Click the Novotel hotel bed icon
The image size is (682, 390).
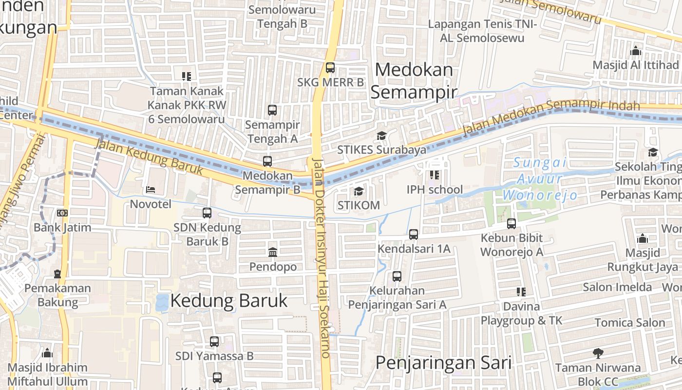click(151, 189)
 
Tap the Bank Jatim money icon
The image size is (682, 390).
click(62, 213)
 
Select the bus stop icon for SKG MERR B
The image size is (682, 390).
click(330, 67)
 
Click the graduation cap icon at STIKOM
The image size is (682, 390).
click(359, 191)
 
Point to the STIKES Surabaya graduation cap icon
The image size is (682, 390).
click(381, 136)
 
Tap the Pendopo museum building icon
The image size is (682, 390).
click(273, 252)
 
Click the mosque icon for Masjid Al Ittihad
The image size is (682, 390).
click(635, 51)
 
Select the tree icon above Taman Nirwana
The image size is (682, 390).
click(598, 353)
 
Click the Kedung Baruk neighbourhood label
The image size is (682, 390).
click(229, 301)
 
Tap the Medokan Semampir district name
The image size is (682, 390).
click(414, 80)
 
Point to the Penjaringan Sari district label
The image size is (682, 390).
click(443, 363)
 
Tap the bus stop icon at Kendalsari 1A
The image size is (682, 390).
click(414, 234)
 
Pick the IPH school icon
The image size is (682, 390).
click(435, 175)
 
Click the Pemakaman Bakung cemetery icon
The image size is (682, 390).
click(57, 273)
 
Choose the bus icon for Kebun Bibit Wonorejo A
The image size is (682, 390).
click(511, 224)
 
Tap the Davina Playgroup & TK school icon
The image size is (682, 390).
click(521, 292)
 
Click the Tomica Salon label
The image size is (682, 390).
click(629, 323)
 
